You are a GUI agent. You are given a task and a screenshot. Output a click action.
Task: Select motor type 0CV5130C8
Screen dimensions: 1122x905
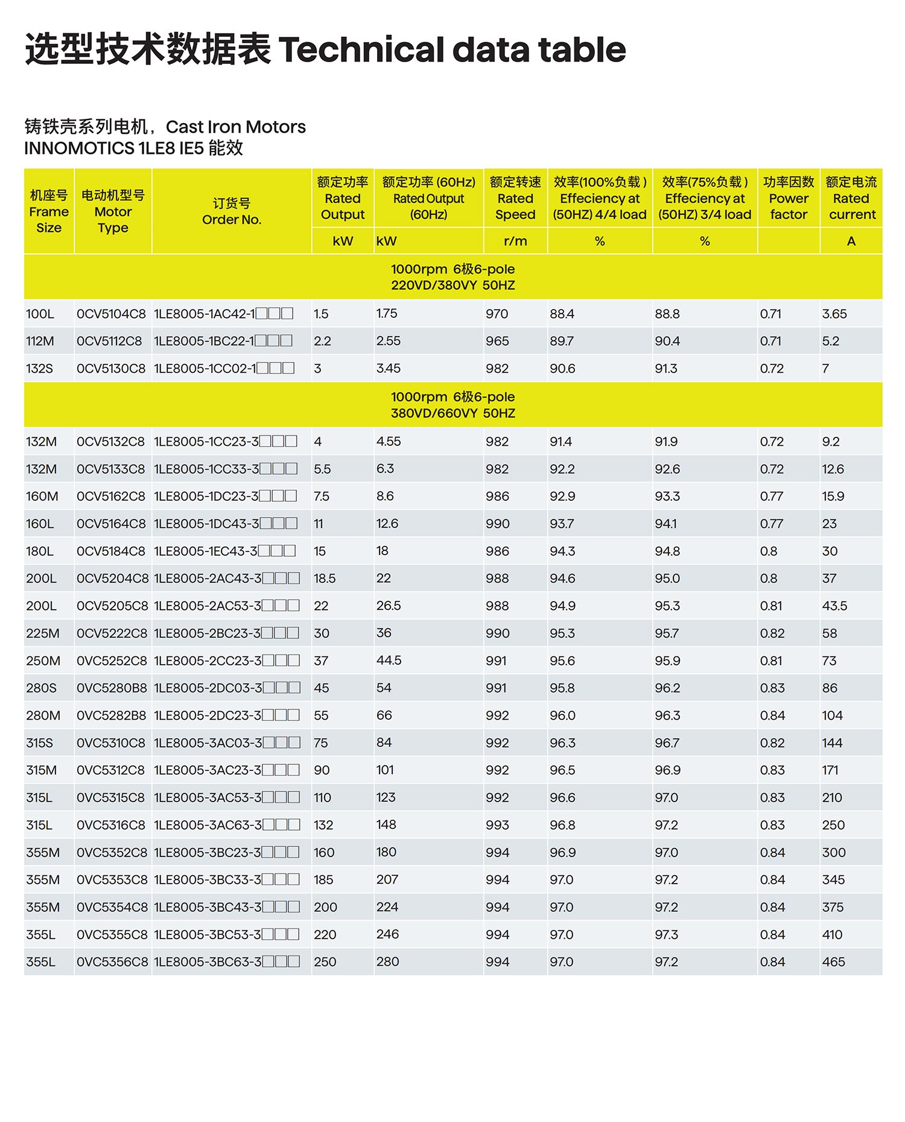click(111, 369)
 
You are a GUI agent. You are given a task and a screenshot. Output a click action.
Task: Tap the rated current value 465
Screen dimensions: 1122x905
click(833, 962)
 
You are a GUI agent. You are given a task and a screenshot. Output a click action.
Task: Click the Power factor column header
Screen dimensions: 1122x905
click(788, 198)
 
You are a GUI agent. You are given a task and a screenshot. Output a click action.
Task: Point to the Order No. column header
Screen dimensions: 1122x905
click(232, 212)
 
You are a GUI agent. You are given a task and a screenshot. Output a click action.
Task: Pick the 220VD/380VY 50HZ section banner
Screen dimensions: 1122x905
click(453, 277)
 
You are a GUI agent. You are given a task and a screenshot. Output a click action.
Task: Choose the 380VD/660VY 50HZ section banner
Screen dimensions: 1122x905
click(453, 405)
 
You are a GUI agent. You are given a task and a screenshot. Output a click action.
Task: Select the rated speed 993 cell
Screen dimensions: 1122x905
click(497, 825)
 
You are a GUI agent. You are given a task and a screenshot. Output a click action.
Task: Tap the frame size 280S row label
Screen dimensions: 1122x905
click(41, 688)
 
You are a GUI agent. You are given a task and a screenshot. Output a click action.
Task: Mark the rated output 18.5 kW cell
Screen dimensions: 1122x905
click(325, 578)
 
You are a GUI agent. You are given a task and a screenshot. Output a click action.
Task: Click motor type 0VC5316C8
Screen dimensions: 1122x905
click(111, 825)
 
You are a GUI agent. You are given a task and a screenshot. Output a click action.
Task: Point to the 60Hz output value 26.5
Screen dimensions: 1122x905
click(389, 606)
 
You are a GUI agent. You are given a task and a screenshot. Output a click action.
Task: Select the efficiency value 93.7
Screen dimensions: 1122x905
click(562, 524)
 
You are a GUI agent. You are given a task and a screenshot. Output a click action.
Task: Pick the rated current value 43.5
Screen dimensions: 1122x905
click(834, 606)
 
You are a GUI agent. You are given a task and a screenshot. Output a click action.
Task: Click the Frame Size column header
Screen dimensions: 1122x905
click(49, 212)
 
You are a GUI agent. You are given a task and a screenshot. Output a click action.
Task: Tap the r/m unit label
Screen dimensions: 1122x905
click(515, 241)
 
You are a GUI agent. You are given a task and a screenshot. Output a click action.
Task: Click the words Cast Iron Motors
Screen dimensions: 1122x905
click(235, 127)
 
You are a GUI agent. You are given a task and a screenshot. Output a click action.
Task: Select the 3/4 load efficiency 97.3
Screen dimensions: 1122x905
click(666, 934)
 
